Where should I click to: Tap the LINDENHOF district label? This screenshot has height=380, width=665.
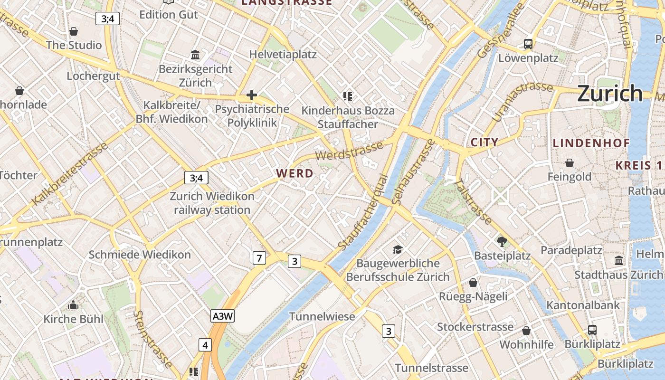(x=591, y=143)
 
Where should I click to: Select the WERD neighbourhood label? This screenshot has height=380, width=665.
(x=295, y=173)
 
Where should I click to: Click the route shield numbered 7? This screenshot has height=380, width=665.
(x=258, y=258)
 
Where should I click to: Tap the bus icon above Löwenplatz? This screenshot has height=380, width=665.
(x=528, y=44)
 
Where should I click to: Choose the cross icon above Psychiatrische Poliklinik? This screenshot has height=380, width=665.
(x=252, y=95)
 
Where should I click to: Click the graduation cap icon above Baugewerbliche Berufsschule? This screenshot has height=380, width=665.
(x=398, y=249)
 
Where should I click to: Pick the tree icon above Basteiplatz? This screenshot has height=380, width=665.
(x=502, y=242)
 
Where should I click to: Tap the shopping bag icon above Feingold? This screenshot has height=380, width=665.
(x=570, y=163)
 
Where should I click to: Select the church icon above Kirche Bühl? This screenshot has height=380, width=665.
(x=73, y=304)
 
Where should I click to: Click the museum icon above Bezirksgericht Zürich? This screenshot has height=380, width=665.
(x=195, y=55)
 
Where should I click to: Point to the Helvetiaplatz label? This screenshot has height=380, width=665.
(x=283, y=54)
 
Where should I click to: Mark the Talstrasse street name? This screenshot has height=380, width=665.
(x=473, y=201)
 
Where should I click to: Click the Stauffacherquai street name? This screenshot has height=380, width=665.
(x=364, y=212)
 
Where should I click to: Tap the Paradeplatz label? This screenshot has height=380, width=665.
(x=571, y=250)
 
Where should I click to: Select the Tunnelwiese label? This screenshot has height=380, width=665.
(x=322, y=316)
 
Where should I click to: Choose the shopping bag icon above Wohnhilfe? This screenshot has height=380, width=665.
(x=526, y=331)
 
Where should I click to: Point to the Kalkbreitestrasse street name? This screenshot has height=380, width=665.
(x=70, y=174)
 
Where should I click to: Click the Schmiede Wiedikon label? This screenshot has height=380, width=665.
(x=140, y=255)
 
